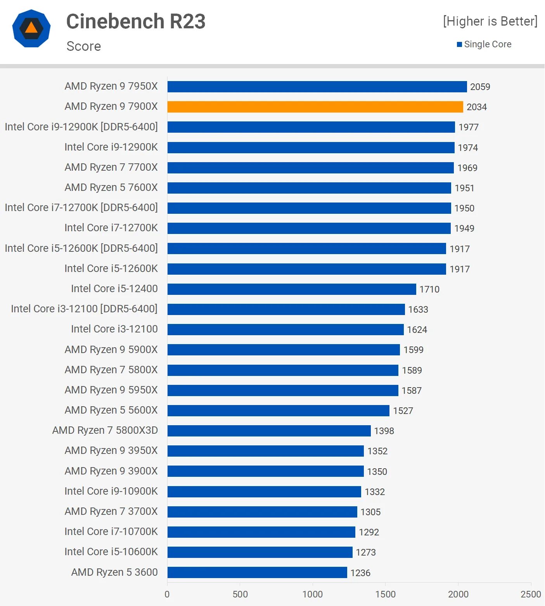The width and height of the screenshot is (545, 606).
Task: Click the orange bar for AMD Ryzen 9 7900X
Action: [x=315, y=107]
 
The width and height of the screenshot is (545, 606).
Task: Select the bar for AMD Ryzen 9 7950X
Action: [x=317, y=87]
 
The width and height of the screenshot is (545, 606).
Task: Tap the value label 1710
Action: [x=429, y=289]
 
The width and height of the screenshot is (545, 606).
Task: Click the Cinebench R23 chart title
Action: [x=136, y=21]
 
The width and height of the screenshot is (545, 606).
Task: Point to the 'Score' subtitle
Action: [x=84, y=46]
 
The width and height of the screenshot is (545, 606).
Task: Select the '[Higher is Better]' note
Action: [x=490, y=21]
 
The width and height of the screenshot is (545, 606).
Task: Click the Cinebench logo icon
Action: [x=31, y=28]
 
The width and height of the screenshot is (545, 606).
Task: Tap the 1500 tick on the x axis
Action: [x=385, y=594]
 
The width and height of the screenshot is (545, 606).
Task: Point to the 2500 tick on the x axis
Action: [x=530, y=594]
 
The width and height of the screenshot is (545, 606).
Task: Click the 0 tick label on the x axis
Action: [x=167, y=594]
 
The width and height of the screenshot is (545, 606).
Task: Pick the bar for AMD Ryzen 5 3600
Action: [x=257, y=573]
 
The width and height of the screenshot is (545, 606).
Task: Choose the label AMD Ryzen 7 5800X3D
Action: [x=105, y=430]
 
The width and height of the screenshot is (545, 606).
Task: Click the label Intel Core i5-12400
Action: [x=114, y=289]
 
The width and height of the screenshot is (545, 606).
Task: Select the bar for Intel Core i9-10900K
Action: [x=264, y=492]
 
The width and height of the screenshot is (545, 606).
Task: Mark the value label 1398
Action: [x=384, y=431]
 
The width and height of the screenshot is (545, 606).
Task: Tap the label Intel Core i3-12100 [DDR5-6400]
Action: [x=84, y=309]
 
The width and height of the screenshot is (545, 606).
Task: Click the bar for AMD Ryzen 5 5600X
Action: [x=278, y=410]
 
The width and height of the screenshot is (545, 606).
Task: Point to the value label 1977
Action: [x=468, y=127]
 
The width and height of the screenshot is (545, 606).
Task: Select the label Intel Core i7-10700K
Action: [x=111, y=532]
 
